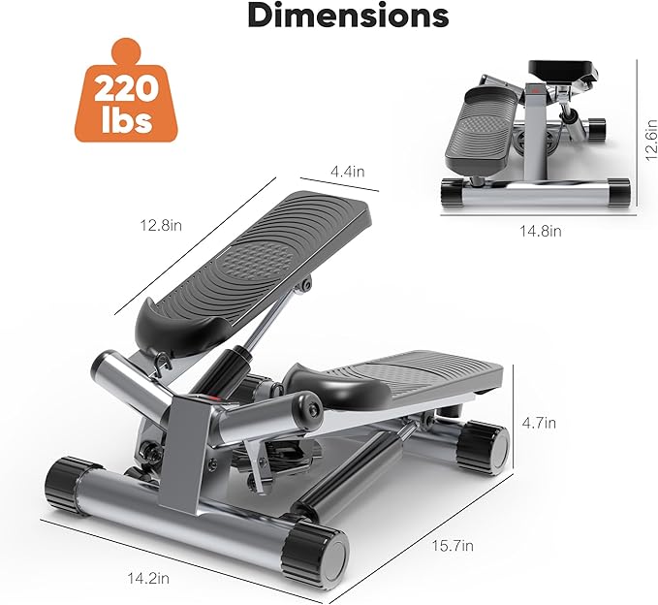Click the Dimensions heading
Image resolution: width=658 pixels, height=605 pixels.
[x=348, y=16]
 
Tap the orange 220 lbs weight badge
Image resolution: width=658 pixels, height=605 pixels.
[x=126, y=90]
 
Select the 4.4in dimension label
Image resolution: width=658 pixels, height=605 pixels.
[x=348, y=172]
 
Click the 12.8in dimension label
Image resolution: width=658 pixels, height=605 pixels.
[x=161, y=226]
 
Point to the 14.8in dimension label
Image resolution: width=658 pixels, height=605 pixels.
[x=541, y=231]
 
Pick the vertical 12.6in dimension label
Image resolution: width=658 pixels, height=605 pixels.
[x=650, y=140]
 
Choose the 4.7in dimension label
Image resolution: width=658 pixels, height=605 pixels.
[x=539, y=423]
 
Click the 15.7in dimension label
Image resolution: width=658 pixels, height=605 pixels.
[x=453, y=546]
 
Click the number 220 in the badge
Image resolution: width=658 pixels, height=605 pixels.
[x=126, y=89]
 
